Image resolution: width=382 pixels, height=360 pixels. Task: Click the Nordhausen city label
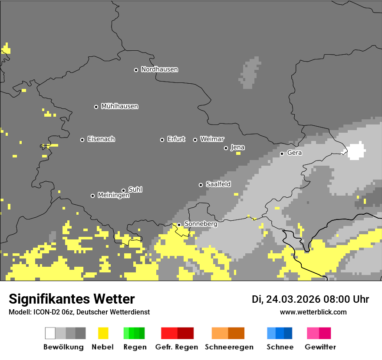(159, 69)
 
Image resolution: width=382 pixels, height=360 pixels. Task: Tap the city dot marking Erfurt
(162, 140)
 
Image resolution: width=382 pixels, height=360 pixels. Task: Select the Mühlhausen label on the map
(119, 106)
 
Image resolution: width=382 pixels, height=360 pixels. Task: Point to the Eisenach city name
(101, 139)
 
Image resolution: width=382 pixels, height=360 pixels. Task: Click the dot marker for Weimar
(195, 140)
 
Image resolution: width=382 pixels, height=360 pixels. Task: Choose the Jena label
(237, 147)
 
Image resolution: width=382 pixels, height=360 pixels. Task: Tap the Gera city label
(294, 153)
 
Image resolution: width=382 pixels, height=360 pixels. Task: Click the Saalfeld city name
(218, 184)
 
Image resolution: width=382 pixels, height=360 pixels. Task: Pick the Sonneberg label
(201, 224)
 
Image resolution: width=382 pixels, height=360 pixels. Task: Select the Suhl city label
(135, 190)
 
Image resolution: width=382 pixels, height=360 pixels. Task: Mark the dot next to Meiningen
(92, 196)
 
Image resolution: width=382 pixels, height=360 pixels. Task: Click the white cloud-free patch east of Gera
(356, 151)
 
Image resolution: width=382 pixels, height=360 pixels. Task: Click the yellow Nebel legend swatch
(103, 333)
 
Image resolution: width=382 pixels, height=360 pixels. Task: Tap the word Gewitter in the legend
(320, 347)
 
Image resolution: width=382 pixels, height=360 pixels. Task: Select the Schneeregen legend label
(229, 347)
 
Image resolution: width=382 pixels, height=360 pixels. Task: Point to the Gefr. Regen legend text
(177, 347)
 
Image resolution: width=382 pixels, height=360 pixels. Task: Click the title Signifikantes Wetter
(72, 299)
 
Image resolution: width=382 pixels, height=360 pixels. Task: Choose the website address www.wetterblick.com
(313, 312)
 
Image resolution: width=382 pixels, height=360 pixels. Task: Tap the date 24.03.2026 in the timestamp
(293, 299)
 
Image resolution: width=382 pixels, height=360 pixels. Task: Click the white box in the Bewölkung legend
(50, 333)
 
